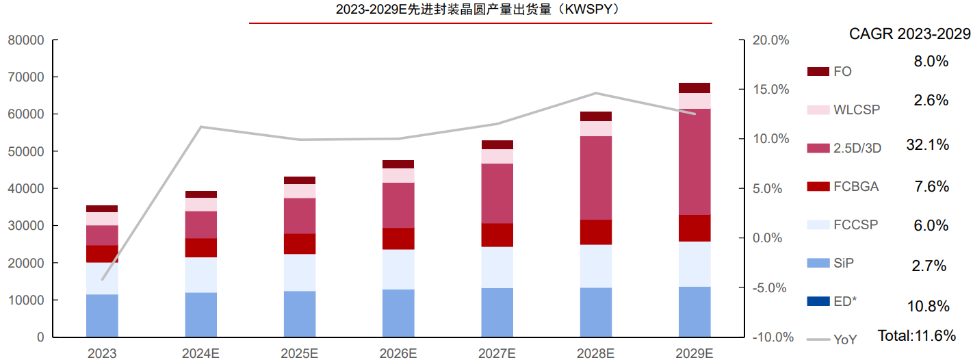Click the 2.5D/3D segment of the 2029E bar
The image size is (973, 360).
[695, 162]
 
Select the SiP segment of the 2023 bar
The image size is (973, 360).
[102, 316]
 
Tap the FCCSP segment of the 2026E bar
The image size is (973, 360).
[398, 269]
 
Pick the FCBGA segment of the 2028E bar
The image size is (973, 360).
[595, 232]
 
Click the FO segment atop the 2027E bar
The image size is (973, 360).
[497, 144]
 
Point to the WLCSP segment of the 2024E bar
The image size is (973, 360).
[200, 204]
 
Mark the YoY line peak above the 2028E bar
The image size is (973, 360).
[596, 93]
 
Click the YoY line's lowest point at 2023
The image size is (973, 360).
[103, 279]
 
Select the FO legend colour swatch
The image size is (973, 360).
[818, 71]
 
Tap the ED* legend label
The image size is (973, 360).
[844, 302]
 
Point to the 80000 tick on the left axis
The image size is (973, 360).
[26, 40]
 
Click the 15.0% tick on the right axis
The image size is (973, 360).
[770, 90]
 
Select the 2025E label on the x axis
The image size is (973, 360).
[299, 353]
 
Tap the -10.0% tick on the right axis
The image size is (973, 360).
[770, 337]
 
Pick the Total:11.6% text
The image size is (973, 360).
[917, 335]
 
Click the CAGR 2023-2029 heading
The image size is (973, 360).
[909, 34]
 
